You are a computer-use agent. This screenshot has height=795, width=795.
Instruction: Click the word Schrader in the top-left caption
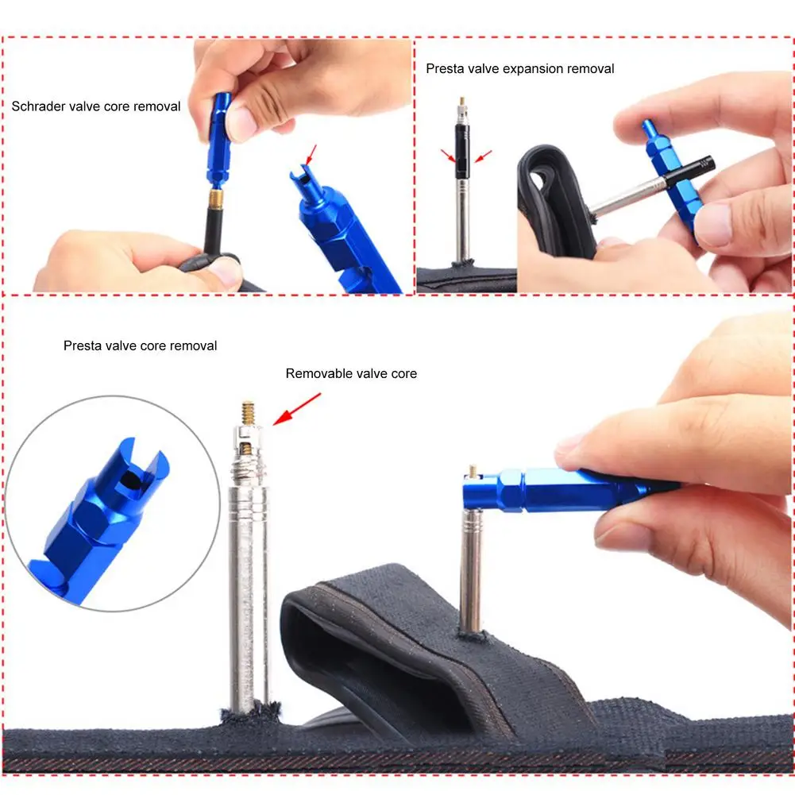click(36, 106)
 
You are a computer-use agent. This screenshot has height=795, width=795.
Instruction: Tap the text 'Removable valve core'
click(351, 373)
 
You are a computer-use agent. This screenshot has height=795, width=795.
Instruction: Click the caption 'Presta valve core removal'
click(140, 345)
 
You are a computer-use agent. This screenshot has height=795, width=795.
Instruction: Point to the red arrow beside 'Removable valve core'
click(295, 407)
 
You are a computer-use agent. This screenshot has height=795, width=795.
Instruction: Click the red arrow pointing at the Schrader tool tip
click(311, 153)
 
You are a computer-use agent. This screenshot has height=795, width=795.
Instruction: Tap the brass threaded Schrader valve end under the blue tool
click(215, 198)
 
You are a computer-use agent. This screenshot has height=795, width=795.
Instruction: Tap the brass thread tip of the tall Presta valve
click(248, 413)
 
